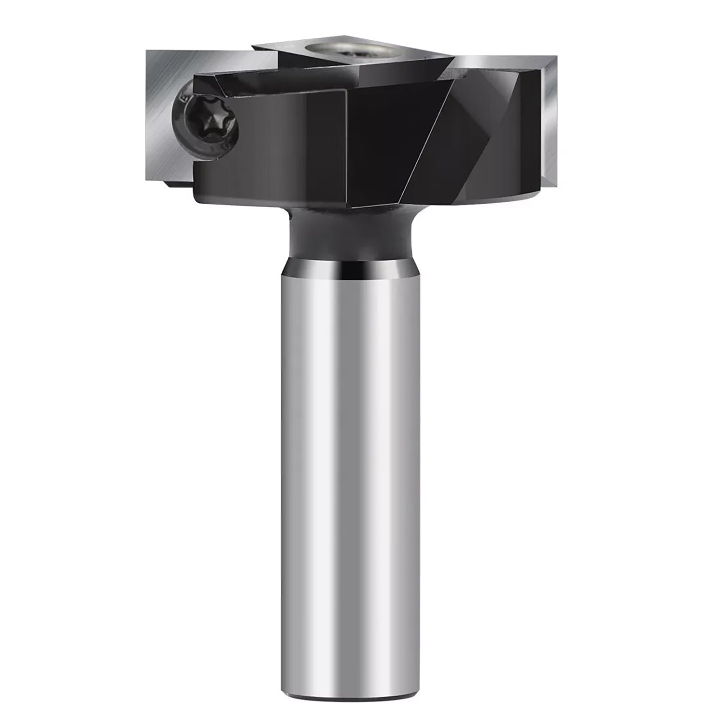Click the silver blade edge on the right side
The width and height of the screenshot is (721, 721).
click(x=551, y=122)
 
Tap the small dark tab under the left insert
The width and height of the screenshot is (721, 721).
click(x=178, y=184)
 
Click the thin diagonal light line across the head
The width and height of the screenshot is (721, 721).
click(x=428, y=135)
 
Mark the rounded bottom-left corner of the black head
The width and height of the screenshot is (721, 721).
click(x=198, y=198)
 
